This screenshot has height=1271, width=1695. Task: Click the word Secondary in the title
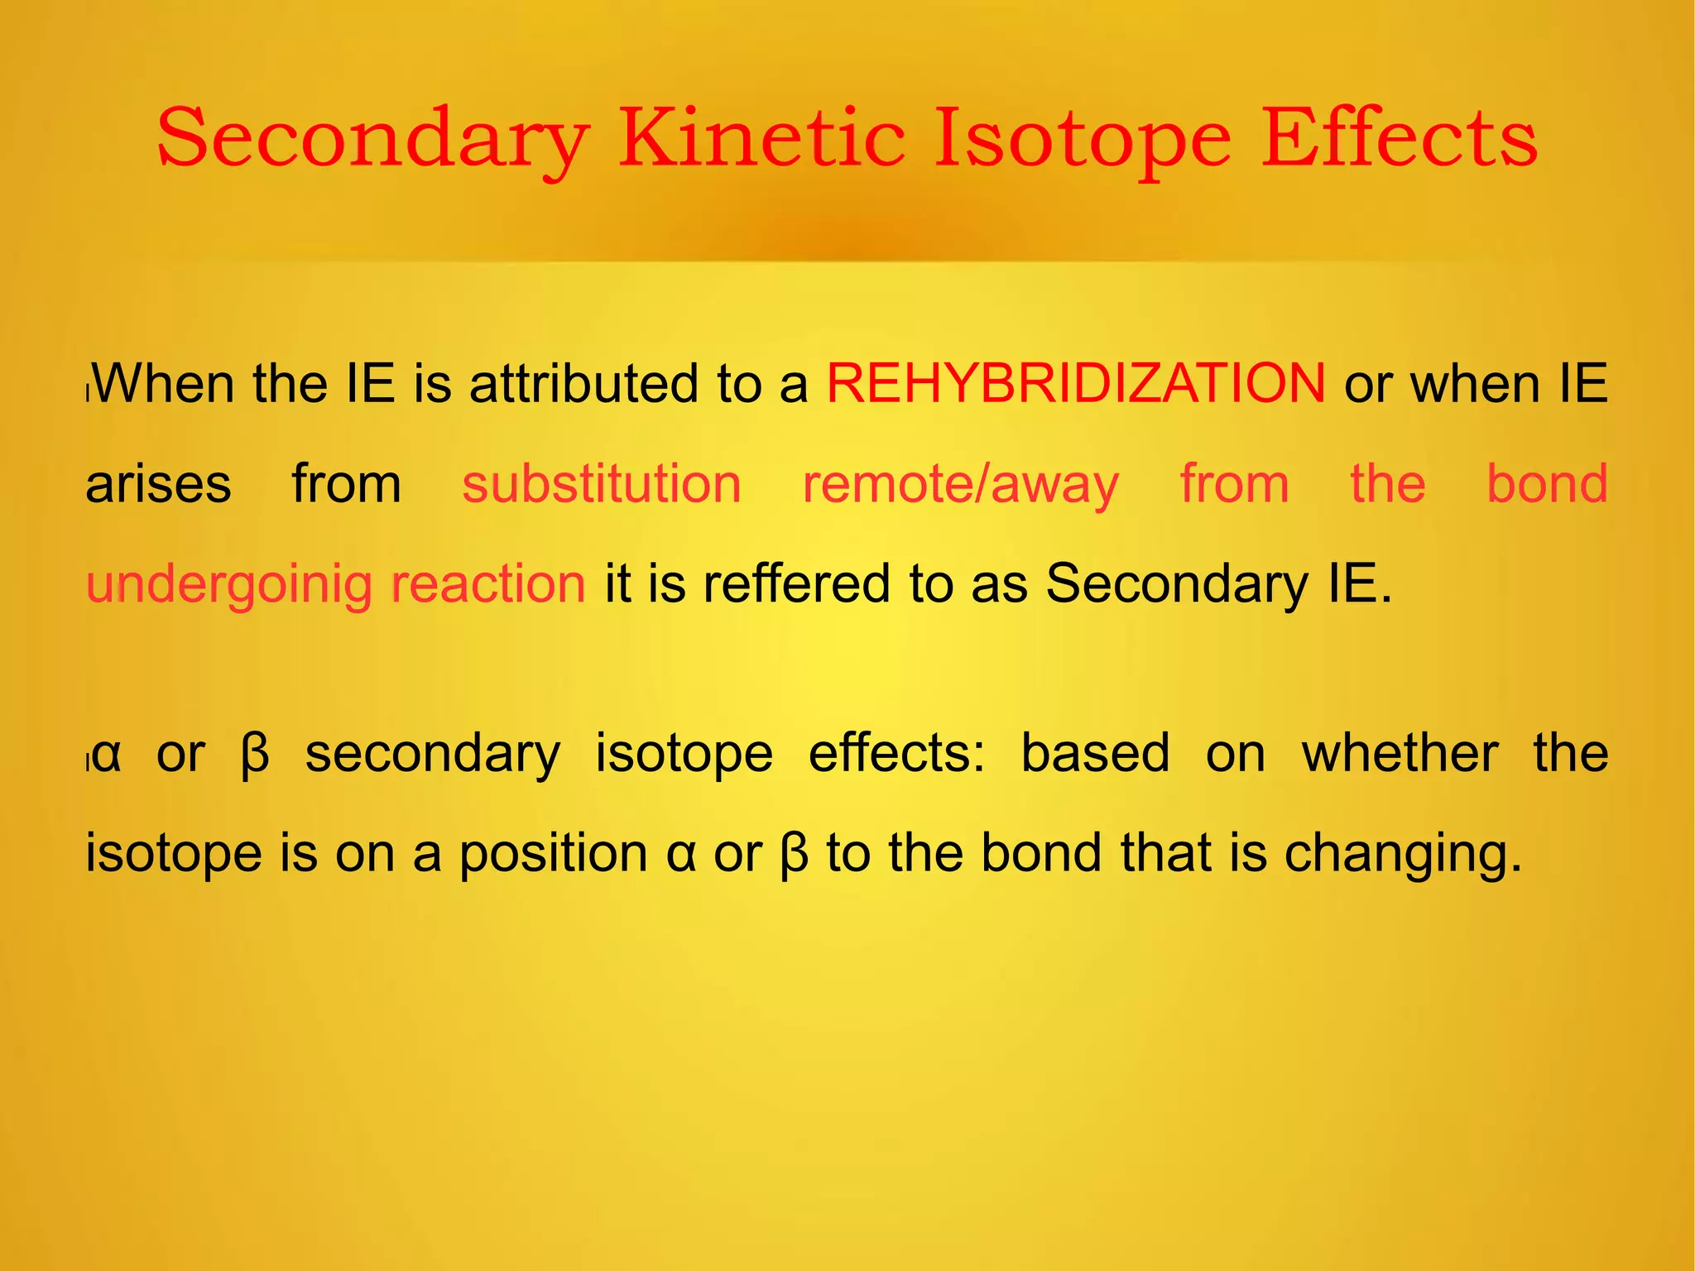coord(372,139)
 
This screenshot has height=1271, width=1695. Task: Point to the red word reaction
coord(488,583)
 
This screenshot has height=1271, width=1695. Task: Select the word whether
coord(1400,753)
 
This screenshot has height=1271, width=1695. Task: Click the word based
coord(1095,753)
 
